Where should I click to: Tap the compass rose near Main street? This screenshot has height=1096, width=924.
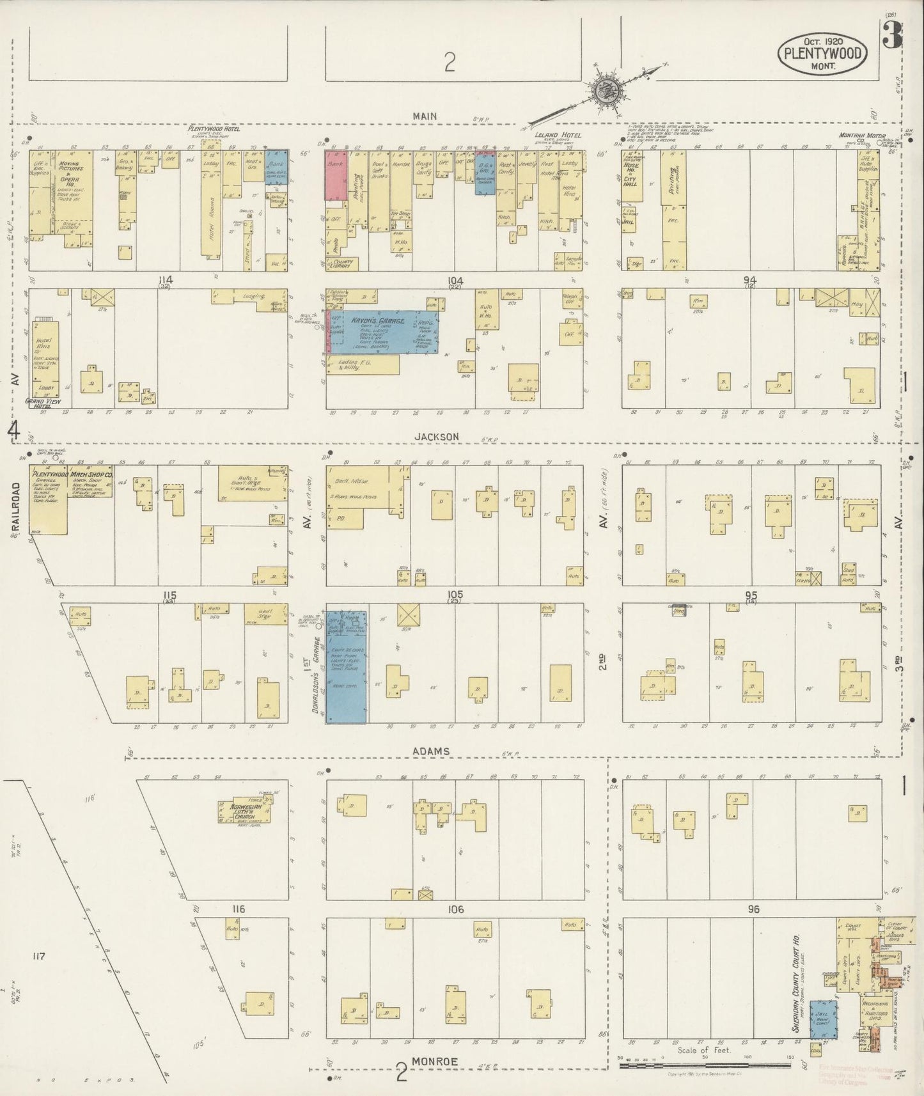tap(603, 91)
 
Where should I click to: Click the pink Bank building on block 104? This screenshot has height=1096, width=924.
tap(336, 175)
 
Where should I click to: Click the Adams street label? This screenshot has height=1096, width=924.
tap(430, 751)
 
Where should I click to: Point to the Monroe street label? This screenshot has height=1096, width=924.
tap(434, 1061)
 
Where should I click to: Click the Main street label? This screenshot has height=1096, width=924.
tap(425, 116)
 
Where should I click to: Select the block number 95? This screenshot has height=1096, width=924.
tap(751, 595)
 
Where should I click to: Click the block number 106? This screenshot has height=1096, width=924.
tap(455, 909)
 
